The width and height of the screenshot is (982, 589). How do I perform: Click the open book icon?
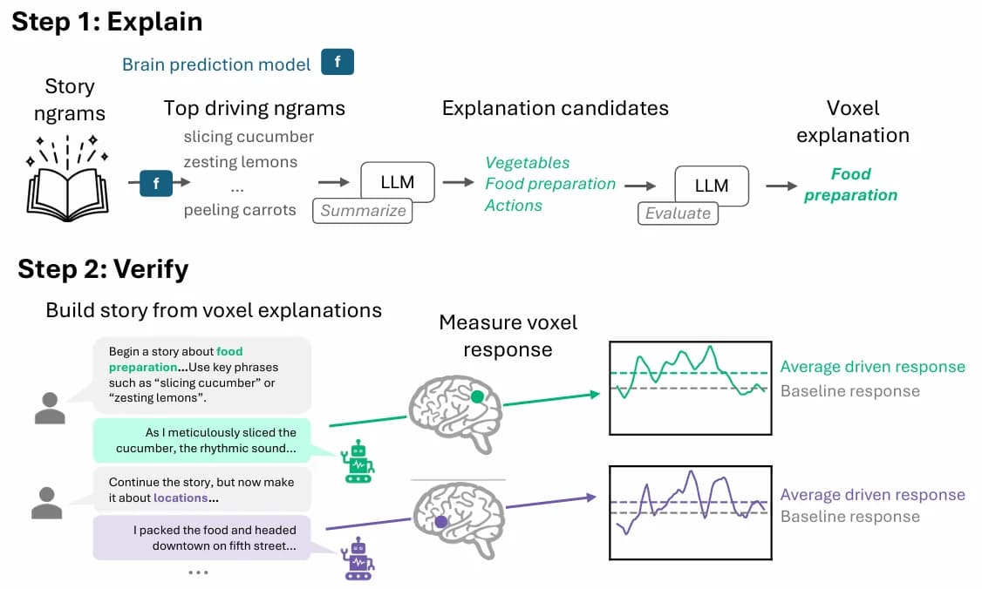68,179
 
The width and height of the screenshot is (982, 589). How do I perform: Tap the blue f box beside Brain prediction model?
338,62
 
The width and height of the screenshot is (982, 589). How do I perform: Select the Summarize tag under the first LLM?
363,211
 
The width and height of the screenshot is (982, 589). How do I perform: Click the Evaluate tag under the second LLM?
678,213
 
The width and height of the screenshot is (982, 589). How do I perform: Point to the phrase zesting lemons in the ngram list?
241,162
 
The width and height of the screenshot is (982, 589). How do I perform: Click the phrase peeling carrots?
240,210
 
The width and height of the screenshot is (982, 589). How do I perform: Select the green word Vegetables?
528,163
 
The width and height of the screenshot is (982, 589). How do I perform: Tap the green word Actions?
514,206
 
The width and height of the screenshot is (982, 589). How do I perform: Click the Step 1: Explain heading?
107,22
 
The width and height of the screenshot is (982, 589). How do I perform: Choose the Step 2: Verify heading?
103,269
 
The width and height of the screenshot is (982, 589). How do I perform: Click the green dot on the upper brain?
477,396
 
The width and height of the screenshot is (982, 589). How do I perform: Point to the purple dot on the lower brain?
441,521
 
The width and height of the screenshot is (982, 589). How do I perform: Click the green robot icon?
358,461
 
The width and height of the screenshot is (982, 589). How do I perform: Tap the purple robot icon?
358,559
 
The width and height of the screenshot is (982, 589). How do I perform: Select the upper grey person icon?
50,409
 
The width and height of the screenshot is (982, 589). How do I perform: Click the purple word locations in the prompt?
181,498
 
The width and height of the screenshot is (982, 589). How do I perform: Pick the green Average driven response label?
872,367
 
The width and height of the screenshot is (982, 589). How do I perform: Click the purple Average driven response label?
872,495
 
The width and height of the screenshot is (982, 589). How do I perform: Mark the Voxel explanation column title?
853,121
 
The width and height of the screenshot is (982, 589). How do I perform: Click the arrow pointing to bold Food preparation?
781,186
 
